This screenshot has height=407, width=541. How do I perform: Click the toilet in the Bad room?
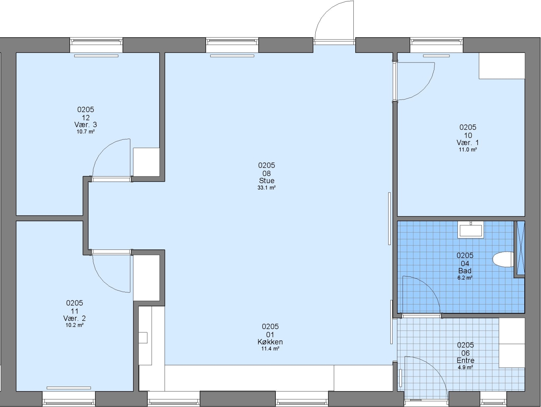(x=503, y=259)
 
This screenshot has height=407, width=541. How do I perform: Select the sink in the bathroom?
(x=471, y=230)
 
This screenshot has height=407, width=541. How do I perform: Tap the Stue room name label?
(x=267, y=181)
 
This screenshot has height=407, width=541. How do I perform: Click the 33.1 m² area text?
(x=266, y=188)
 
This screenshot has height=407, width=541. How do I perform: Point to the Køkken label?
(x=270, y=342)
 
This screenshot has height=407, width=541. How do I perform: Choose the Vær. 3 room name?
(x=86, y=124)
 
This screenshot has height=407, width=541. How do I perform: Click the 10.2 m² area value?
(x=75, y=325)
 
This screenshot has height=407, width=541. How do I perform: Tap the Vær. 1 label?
(x=468, y=142)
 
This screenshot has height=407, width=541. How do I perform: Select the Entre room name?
(x=465, y=360)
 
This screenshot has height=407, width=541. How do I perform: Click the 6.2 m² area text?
(x=465, y=278)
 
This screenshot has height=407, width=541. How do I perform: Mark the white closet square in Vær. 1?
(x=502, y=66)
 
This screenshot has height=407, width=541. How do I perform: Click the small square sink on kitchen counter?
(x=143, y=338)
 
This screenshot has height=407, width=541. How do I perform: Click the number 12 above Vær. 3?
(x=86, y=117)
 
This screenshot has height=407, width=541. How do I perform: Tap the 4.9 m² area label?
(x=465, y=367)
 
